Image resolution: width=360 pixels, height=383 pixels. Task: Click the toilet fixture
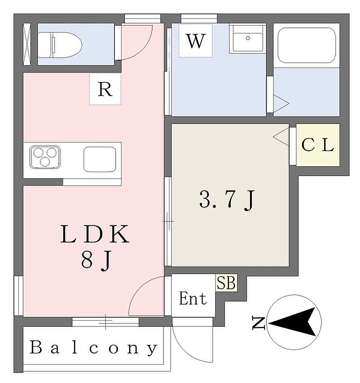point(60,45)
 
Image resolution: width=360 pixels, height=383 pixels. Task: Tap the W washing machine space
point(195,41)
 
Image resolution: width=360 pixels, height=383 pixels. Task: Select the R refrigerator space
point(105,89)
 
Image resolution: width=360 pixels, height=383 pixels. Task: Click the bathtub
point(307,45)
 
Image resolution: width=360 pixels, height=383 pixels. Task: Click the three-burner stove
point(45,158)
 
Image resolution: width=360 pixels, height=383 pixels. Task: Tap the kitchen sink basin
point(100,159)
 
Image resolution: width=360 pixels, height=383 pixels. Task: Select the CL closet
point(318,145)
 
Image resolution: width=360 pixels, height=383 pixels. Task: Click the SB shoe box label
point(226,283)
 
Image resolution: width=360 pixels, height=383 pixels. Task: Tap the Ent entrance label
point(193,299)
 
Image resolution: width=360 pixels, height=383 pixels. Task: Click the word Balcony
point(94,347)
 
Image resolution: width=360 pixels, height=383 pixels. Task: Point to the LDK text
point(95,234)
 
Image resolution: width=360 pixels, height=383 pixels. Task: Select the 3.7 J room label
point(227,200)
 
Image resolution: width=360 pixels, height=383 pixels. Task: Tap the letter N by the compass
point(259,323)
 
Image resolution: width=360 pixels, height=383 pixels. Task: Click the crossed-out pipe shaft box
point(27,44)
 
